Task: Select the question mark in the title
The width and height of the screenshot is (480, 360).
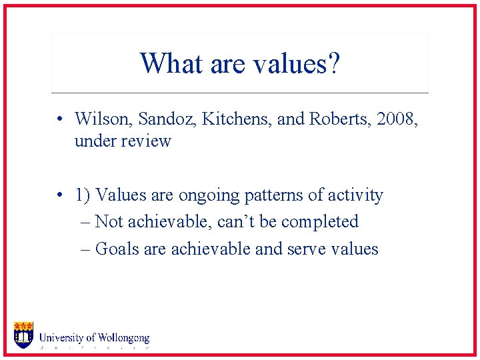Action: point(333,64)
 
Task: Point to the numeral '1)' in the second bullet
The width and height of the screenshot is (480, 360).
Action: point(83,195)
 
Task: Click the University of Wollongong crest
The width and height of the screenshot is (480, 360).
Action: point(23,335)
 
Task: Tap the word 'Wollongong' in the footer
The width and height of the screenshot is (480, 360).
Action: point(123,339)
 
